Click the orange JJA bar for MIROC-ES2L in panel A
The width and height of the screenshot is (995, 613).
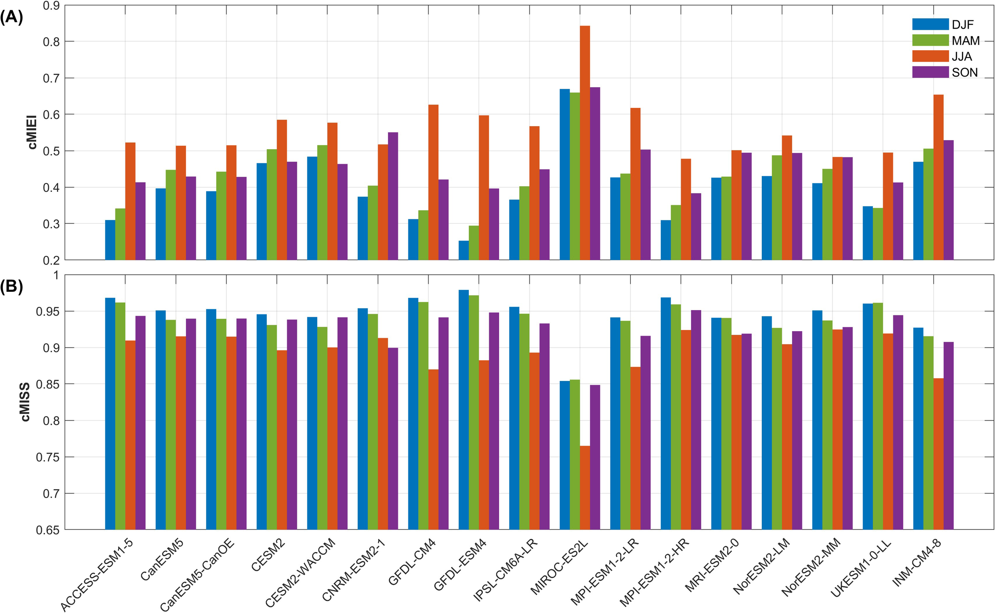coord(585,142)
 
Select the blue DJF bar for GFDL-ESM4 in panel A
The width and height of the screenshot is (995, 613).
coord(464,250)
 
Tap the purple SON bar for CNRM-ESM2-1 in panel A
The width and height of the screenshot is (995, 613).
coord(393,196)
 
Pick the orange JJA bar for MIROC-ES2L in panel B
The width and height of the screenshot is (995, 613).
coord(585,487)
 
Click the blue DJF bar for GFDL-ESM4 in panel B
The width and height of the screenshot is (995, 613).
coord(464,410)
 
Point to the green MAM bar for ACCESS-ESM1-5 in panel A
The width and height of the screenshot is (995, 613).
coord(120,234)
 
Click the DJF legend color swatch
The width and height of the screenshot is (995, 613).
coord(930,24)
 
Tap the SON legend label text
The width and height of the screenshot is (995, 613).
coord(965,72)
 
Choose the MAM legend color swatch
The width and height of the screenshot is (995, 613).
coord(930,40)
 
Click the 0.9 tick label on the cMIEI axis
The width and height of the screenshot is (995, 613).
coord(51,6)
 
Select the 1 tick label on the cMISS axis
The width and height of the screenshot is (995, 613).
coord(56,276)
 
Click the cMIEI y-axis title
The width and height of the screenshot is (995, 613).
coord(32,132)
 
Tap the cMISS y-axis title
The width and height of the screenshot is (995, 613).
coord(25,402)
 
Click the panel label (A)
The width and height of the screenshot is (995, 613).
coord(12,18)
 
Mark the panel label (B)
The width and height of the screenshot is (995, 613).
coord(12,286)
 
